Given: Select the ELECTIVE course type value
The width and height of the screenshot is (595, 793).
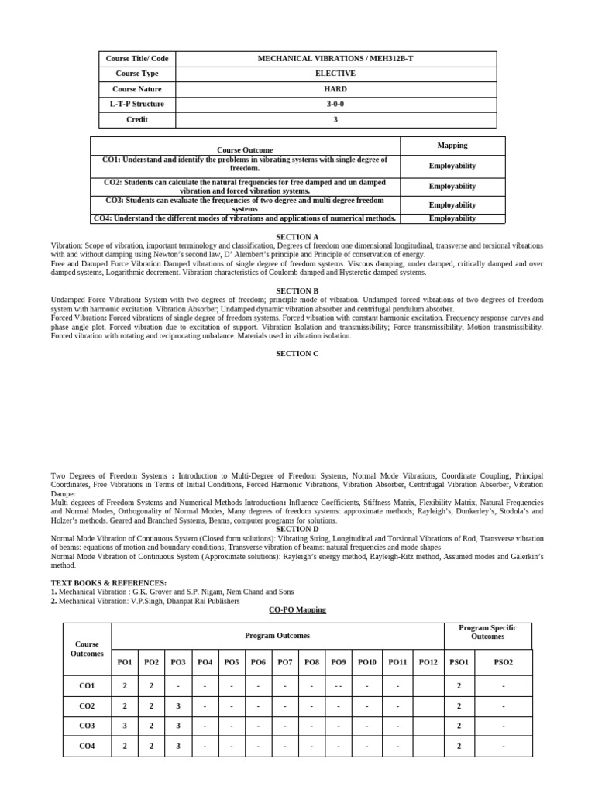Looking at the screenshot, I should tap(335, 74).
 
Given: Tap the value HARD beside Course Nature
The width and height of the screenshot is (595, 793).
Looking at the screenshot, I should tap(335, 89).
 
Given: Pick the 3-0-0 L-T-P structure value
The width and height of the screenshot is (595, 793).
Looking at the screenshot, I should tap(335, 105).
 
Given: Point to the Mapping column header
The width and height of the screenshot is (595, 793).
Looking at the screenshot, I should tap(452, 146).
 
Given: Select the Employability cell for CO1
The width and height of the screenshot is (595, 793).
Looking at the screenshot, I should tap(452, 166).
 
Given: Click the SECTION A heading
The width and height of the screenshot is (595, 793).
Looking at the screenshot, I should tap(297, 236).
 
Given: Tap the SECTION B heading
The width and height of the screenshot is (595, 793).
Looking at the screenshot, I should tap(297, 291).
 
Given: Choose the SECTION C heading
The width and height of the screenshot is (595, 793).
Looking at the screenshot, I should tap(297, 354).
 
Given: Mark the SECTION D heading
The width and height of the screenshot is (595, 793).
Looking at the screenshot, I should tap(297, 529).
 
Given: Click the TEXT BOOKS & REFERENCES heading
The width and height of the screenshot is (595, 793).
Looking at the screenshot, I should tap(108, 582).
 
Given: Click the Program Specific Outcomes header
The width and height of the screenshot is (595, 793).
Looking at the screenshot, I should tap(487, 632).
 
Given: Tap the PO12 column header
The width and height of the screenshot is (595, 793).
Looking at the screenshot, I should tap(428, 662).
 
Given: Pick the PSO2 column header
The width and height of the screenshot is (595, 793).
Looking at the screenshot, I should tap(503, 662).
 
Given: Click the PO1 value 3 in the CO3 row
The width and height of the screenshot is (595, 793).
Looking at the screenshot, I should tap(125, 726).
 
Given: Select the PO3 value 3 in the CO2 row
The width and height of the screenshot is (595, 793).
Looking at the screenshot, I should tap(178, 706).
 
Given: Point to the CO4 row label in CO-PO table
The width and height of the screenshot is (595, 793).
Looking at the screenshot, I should tap(87, 747).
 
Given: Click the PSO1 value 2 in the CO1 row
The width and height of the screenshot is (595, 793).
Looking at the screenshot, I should tap(459, 686).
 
